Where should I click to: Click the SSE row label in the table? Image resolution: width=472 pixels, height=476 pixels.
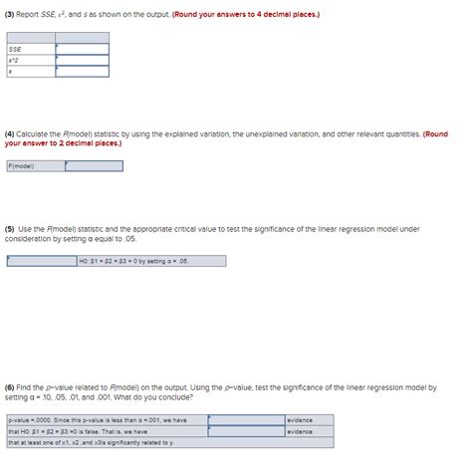point(16,48)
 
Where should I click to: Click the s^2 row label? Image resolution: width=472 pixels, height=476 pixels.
point(15,60)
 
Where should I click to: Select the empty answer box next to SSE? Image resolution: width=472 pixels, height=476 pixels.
point(82,48)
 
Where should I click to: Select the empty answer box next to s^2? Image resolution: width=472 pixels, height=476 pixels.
point(82,60)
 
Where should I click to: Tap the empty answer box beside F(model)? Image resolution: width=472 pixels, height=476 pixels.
point(94,166)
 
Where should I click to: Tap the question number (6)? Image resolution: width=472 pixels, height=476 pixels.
point(11,385)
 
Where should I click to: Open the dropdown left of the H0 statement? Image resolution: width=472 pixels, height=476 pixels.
point(41,262)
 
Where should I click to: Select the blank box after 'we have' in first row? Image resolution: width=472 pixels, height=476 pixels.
point(246,420)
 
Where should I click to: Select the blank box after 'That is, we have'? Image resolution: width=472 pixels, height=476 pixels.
point(246,431)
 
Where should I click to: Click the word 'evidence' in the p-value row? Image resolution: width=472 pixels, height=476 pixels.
point(301,420)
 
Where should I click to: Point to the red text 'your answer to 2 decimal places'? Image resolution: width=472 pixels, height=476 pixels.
point(64,142)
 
